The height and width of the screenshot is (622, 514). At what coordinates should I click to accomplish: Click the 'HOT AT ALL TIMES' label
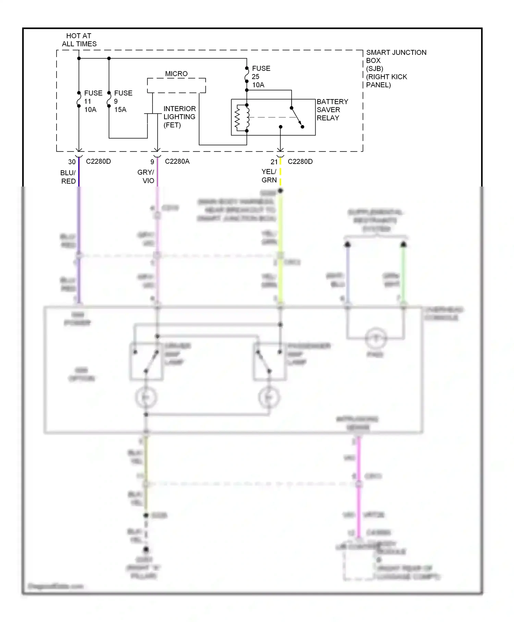(79, 40)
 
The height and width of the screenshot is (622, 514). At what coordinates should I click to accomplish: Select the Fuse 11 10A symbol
(79, 99)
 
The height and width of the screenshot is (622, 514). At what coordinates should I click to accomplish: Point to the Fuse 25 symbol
(247, 75)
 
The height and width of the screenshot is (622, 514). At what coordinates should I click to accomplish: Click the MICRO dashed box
(176, 85)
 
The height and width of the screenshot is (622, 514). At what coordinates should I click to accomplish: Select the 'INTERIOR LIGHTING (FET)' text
(179, 117)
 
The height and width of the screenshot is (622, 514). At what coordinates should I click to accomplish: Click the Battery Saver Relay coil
(242, 118)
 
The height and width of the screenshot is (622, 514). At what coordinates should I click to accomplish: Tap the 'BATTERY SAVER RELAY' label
(332, 110)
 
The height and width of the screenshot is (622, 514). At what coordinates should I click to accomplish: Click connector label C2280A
(177, 162)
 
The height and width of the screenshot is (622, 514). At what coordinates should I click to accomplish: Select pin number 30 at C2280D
(72, 162)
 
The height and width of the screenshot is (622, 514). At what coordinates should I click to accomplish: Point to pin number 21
(274, 162)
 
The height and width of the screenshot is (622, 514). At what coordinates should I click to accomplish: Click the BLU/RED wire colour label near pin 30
(68, 177)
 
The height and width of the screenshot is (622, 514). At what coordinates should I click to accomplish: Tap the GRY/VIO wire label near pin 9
(146, 176)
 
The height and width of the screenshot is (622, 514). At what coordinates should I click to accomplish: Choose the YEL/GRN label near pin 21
(269, 176)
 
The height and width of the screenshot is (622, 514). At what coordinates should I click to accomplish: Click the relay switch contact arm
(297, 117)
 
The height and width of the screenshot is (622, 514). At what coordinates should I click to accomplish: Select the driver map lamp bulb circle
(146, 397)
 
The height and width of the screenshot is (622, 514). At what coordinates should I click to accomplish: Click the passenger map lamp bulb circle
(269, 397)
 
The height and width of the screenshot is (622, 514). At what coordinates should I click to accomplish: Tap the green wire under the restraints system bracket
(403, 274)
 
